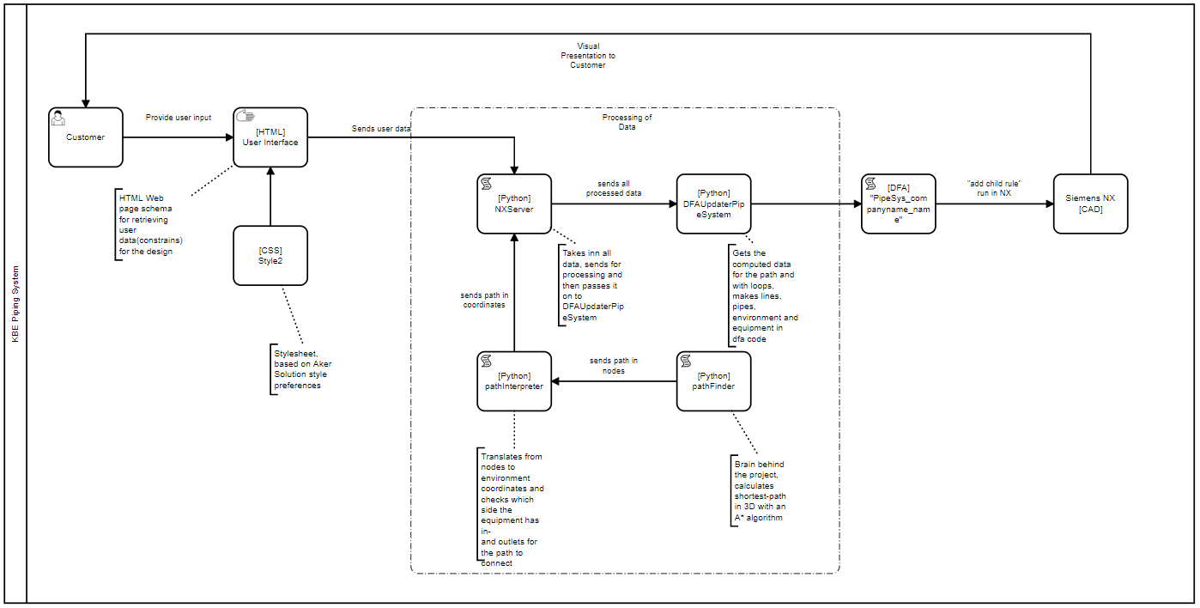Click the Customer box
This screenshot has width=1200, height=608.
pyautogui.click(x=86, y=137)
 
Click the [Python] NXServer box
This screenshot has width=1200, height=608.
pyautogui.click(x=514, y=204)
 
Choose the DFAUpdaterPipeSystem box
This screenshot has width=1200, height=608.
pyautogui.click(x=713, y=204)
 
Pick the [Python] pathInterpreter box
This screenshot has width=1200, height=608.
pyautogui.click(x=514, y=381)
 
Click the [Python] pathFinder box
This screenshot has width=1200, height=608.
pyautogui.click(x=713, y=381)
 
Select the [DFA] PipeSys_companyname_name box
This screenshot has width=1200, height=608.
pyautogui.click(x=899, y=204)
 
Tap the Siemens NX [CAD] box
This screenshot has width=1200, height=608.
pyautogui.click(x=1090, y=204)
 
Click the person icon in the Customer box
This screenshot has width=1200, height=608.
pyautogui.click(x=58, y=118)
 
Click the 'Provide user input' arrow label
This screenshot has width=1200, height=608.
pyautogui.click(x=179, y=118)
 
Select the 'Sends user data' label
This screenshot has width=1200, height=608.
pyautogui.click(x=381, y=129)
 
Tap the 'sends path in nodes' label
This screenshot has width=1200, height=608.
pyautogui.click(x=613, y=366)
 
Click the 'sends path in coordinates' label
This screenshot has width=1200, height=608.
pyautogui.click(x=484, y=300)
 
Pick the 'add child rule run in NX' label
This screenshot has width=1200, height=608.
pyautogui.click(x=994, y=188)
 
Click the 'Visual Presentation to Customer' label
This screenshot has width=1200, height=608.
pyautogui.click(x=588, y=56)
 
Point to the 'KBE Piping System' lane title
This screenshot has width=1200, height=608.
pyautogui.click(x=15, y=304)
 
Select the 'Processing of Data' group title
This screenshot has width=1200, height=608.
pyautogui.click(x=627, y=122)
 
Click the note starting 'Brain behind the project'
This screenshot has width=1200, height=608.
pyautogui.click(x=760, y=491)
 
